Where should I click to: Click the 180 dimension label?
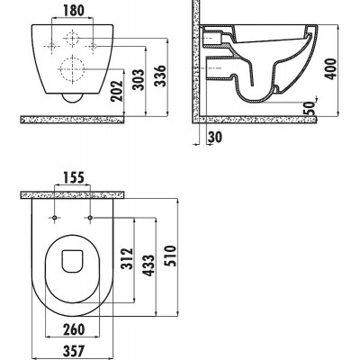click(74, 11)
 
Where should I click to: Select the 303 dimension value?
click(139, 80)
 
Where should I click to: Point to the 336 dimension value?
click(160, 76)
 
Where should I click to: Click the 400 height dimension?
click(331, 68)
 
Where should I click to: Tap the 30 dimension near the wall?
click(215, 137)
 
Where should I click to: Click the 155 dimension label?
click(74, 177)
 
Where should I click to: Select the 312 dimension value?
click(127, 258)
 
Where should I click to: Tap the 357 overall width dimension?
click(74, 351)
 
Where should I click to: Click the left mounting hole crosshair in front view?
click(52, 46)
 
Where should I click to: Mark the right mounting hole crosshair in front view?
click(93, 46)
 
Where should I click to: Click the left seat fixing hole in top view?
click(55, 217)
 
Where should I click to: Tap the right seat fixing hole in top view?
click(90, 217)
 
